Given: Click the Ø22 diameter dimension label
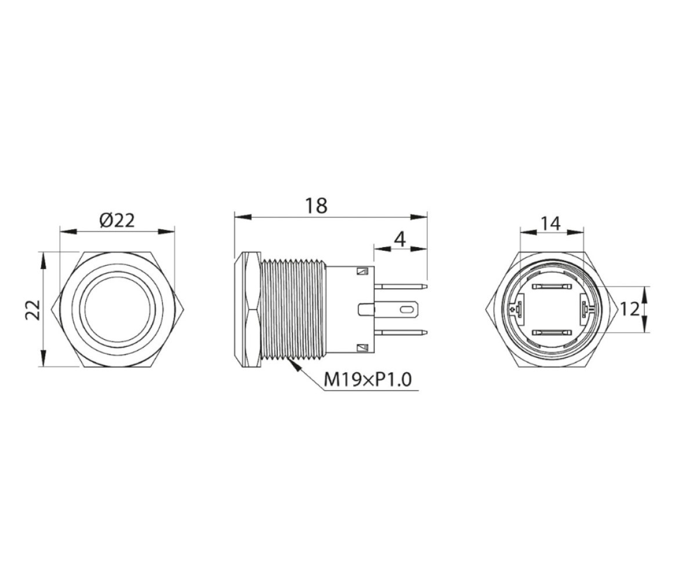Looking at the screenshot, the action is click(x=117, y=220).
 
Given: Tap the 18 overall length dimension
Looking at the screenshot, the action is click(x=315, y=205).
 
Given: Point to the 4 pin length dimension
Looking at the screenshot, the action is click(x=400, y=239).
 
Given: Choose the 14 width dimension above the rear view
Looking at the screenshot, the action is click(x=550, y=223).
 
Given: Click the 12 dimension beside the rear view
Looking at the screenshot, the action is click(x=630, y=309).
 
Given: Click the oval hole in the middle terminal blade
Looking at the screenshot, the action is click(x=407, y=310).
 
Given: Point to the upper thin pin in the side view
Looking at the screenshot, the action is click(x=400, y=287).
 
